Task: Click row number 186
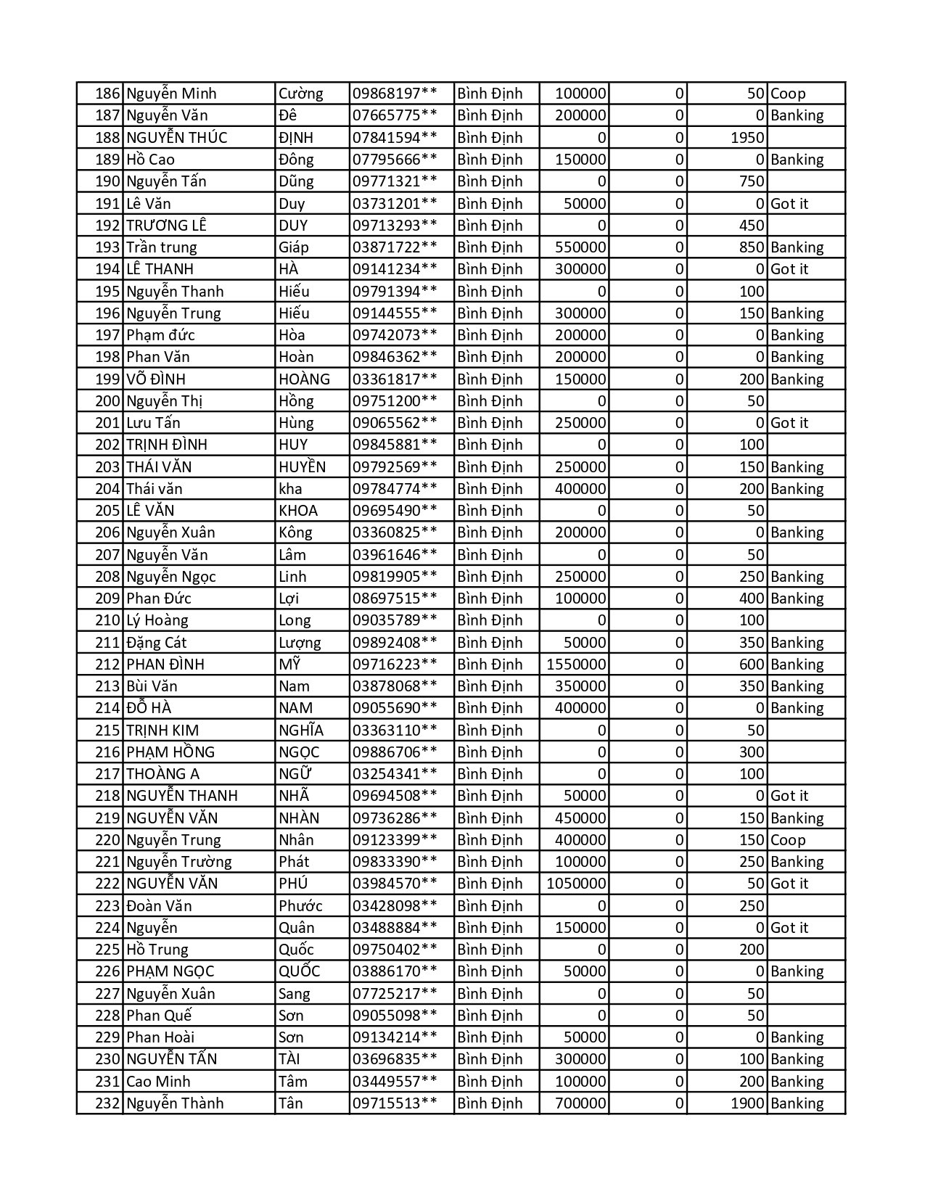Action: click(x=107, y=94)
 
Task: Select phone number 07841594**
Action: click(x=395, y=138)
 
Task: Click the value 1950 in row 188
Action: click(x=747, y=138)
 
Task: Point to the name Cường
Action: click(x=300, y=94)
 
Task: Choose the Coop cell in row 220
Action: click(x=788, y=840)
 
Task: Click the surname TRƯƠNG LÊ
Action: click(x=166, y=226)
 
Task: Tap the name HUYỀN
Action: click(x=302, y=467)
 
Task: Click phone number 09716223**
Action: click(x=395, y=665)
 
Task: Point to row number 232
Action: click(x=107, y=1103)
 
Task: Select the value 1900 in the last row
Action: click(x=747, y=1103)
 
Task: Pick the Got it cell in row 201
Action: click(x=789, y=423)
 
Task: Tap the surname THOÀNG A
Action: click(x=163, y=774)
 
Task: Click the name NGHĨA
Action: click(x=301, y=731)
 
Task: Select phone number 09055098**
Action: click(x=395, y=1016)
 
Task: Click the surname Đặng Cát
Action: click(x=156, y=643)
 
